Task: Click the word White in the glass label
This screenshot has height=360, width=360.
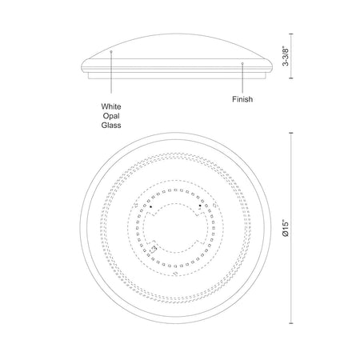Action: point(111,106)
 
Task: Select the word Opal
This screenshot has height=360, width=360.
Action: point(111,116)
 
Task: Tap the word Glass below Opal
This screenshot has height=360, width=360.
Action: point(111,126)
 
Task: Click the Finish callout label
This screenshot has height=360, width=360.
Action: point(242,99)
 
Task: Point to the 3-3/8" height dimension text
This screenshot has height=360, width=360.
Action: point(286,56)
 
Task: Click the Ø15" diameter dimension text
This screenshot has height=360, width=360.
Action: point(286,228)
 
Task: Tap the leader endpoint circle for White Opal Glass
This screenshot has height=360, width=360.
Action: point(111,51)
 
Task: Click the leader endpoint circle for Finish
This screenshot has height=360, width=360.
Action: point(242,63)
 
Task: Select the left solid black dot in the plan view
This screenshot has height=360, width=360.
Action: point(151,206)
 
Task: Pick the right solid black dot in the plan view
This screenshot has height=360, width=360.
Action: point(200,206)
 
